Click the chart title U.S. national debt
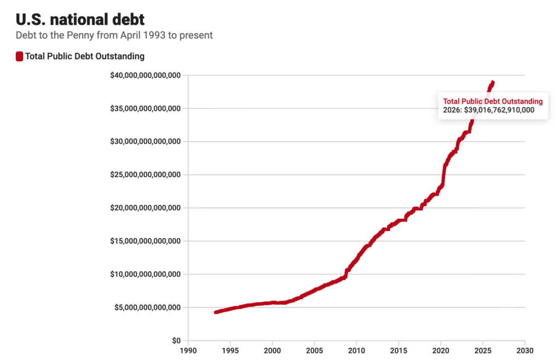click(x=80, y=19)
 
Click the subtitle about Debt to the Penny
click(x=114, y=35)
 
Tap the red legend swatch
click(x=19, y=56)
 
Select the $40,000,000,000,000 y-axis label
click(x=145, y=76)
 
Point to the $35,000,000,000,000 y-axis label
click(x=145, y=108)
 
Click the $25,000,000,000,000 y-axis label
click(x=145, y=175)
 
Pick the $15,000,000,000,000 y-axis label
click(x=145, y=241)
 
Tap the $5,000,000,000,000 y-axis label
click(x=148, y=307)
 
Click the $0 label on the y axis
click(x=176, y=341)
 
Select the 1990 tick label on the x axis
click(x=188, y=350)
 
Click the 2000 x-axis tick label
click(x=272, y=350)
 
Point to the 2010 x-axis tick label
click(x=357, y=350)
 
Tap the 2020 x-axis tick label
click(x=441, y=350)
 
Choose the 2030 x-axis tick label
click(x=525, y=350)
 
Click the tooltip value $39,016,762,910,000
click(x=499, y=110)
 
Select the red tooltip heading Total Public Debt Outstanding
click(x=493, y=101)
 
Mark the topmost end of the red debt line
click(x=493, y=82)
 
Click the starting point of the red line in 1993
click(x=215, y=312)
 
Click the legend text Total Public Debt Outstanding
click(x=85, y=56)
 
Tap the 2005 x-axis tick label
click(x=314, y=350)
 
